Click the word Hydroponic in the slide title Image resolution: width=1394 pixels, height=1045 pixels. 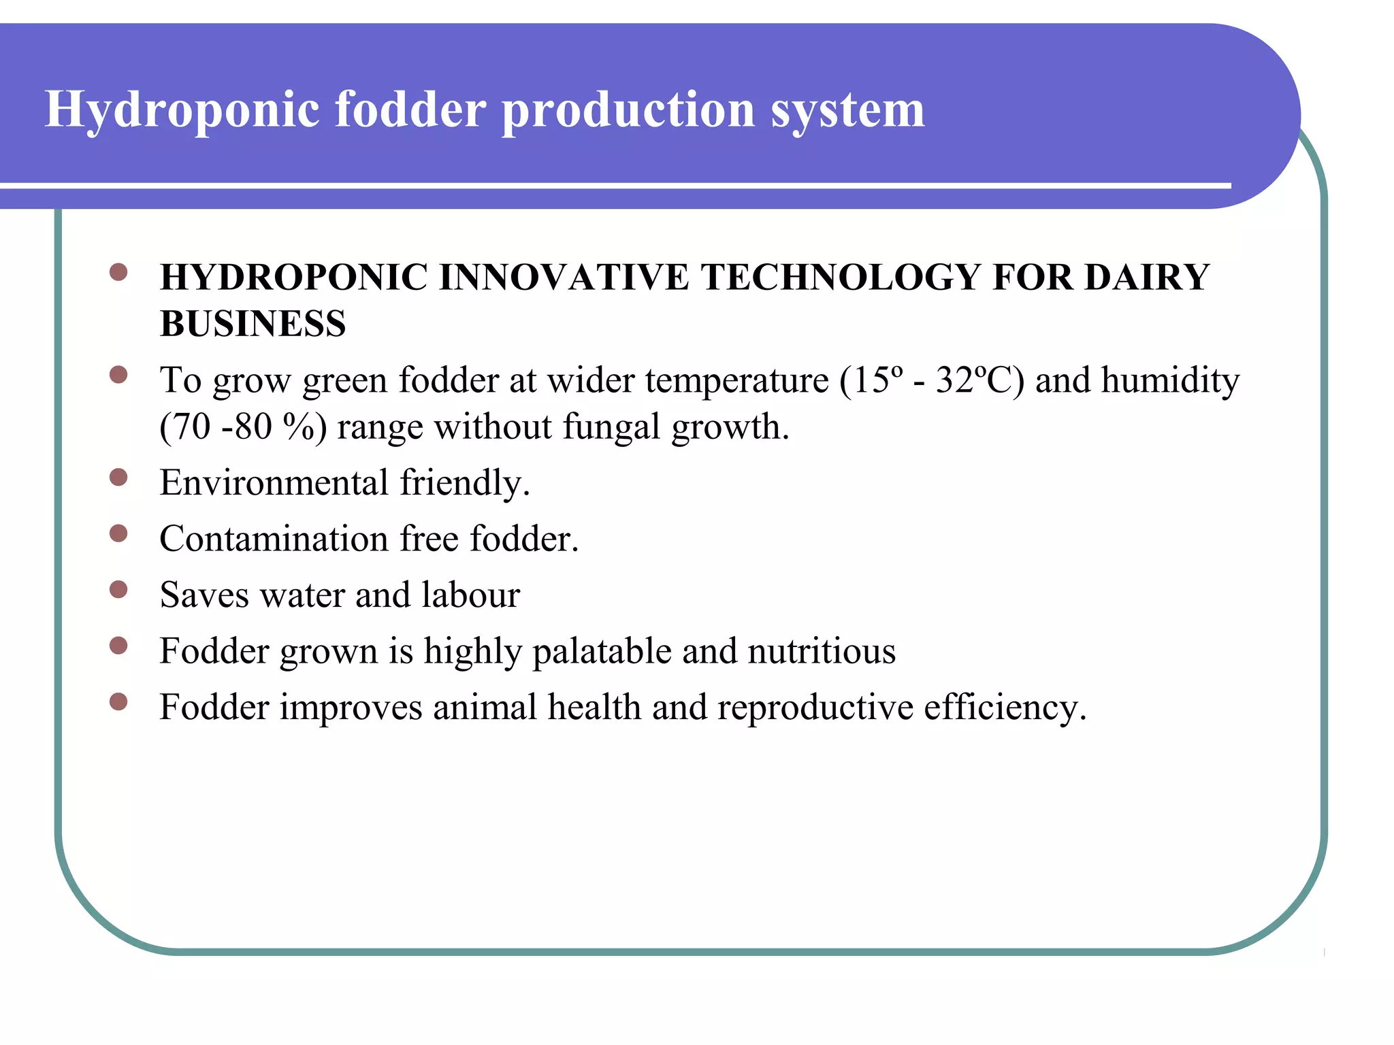pyautogui.click(x=182, y=110)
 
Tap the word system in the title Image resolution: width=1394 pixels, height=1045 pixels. pyautogui.click(x=847, y=110)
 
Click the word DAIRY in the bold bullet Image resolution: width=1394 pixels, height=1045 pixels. pyautogui.click(x=1146, y=278)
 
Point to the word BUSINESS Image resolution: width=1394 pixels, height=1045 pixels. pyautogui.click(x=253, y=324)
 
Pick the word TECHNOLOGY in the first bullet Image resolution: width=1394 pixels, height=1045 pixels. pyautogui.click(x=841, y=278)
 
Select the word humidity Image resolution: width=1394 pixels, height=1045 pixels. pyautogui.click(x=1170, y=380)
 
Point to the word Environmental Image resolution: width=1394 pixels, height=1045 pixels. pyautogui.click(x=274, y=483)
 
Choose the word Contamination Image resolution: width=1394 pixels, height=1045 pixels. pyautogui.click(x=274, y=539)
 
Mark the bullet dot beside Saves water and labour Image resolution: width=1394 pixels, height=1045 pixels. pyautogui.click(x=118, y=589)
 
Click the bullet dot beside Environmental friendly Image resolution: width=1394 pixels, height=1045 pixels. pyautogui.click(x=118, y=478)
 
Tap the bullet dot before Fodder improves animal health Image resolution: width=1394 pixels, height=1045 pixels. pyautogui.click(x=118, y=701)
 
